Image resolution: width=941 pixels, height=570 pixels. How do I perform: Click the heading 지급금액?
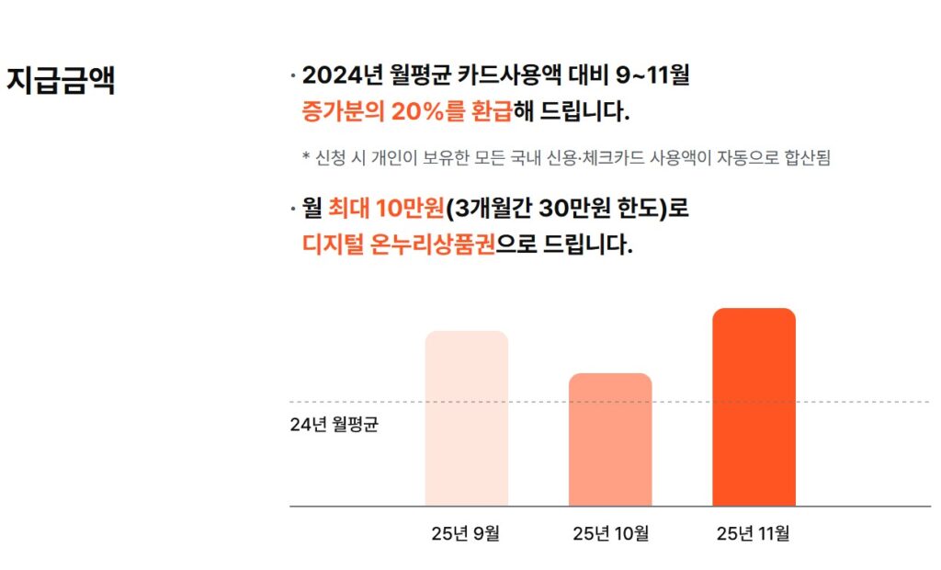pyautogui.click(x=61, y=80)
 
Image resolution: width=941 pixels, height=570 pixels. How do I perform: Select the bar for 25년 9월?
pyautogui.click(x=466, y=418)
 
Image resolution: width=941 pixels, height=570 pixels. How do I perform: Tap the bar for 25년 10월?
pyautogui.click(x=610, y=439)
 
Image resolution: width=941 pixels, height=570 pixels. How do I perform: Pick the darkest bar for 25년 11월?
pyautogui.click(x=754, y=407)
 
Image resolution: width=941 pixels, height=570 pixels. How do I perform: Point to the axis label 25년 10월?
pyautogui.click(x=610, y=533)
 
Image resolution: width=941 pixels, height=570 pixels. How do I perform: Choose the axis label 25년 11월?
pyautogui.click(x=753, y=533)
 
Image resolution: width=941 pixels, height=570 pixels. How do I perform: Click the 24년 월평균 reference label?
pyautogui.click(x=334, y=426)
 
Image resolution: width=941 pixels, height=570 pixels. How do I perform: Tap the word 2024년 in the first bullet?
pyautogui.click(x=342, y=75)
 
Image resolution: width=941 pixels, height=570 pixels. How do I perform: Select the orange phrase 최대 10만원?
pyautogui.click(x=386, y=209)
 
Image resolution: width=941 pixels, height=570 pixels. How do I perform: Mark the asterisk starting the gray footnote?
pyautogui.click(x=306, y=158)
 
